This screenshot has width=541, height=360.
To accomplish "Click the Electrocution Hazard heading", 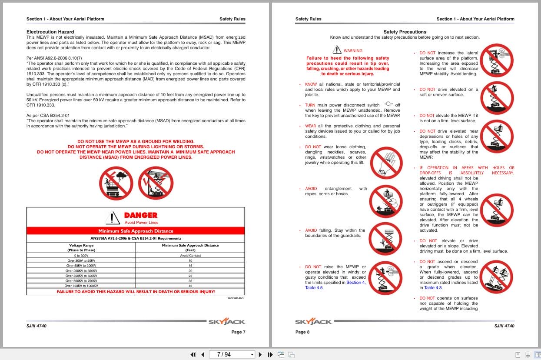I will [50, 32].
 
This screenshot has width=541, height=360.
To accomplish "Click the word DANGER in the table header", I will [140, 215].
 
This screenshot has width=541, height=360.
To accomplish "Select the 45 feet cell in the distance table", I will [190, 286].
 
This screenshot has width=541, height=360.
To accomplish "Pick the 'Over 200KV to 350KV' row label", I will [81, 270].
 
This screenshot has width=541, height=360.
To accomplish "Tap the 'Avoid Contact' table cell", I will [190, 256].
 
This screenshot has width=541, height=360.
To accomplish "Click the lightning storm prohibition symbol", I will [116, 183].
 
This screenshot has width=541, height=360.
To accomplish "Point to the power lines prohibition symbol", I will [156, 183].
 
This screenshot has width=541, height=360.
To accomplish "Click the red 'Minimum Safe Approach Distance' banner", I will [136, 231].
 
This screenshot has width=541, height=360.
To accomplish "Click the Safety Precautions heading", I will [405, 32].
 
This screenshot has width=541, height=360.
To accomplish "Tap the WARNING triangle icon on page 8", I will [337, 50].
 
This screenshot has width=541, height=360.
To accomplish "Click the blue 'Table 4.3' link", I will [433, 288].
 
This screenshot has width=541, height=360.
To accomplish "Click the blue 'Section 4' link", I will [355, 283].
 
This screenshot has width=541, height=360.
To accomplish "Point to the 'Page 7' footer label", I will [238, 332].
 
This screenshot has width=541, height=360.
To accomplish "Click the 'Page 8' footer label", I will [302, 332].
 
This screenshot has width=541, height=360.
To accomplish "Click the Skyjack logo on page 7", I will [226, 322].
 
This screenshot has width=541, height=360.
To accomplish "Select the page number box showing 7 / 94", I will [232, 354].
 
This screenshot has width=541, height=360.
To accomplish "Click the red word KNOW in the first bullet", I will [311, 84].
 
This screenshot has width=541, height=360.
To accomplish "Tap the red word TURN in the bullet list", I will [310, 105].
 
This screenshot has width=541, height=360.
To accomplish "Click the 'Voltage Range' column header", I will [81, 245].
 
